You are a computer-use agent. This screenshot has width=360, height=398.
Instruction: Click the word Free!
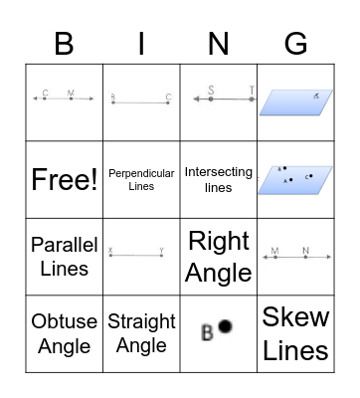pos(64,179)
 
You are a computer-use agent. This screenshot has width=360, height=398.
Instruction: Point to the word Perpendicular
pos(141,173)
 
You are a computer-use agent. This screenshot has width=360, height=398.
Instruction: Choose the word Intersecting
pos(219,172)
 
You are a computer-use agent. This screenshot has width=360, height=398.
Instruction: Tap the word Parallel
pos(64,245)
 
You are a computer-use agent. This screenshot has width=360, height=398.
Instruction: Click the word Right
pos(219,242)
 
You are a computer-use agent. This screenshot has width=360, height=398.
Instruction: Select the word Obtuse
pos(64,322)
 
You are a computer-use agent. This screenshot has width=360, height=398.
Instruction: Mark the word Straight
pos(141,322)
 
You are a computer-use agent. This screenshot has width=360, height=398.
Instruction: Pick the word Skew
pos(296,318)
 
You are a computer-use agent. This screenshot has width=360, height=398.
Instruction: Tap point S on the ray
pos(211,99)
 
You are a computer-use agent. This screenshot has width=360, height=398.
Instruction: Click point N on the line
pos(306,257)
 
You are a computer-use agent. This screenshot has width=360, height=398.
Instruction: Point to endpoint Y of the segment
pos(162,257)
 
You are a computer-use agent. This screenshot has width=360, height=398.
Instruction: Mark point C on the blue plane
pos(310,177)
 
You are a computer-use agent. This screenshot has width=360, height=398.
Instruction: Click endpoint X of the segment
pos(110,257)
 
